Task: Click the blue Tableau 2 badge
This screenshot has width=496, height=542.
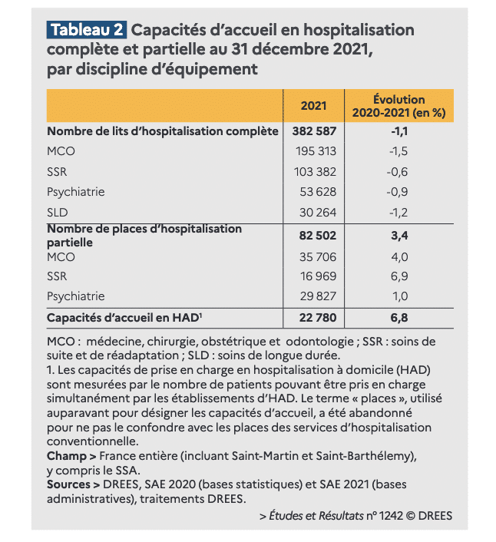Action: click(x=87, y=30)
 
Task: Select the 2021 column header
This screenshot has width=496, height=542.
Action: click(x=313, y=106)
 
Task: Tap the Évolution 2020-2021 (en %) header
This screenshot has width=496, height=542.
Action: click(x=399, y=106)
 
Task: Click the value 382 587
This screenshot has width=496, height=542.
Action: click(x=314, y=131)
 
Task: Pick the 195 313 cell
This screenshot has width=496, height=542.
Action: click(x=316, y=151)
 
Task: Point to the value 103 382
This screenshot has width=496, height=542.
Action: click(x=316, y=172)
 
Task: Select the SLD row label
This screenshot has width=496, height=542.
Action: click(x=58, y=212)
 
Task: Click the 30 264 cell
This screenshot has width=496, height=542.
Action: click(x=318, y=212)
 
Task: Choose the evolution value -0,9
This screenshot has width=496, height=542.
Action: click(x=397, y=192)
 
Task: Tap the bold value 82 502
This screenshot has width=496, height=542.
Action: click(x=318, y=236)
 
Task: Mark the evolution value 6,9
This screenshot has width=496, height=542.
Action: click(x=399, y=276)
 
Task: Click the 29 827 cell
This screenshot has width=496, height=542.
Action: click(x=318, y=296)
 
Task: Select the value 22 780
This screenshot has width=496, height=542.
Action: click(x=318, y=318)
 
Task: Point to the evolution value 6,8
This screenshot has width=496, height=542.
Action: click(x=399, y=318)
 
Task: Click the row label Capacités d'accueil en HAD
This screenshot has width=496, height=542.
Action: click(x=124, y=318)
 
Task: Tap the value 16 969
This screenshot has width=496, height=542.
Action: click(x=318, y=276)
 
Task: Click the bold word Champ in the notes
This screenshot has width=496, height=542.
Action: click(x=67, y=456)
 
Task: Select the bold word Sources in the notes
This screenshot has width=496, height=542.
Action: click(x=68, y=484)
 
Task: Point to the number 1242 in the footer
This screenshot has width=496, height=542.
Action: click(x=391, y=516)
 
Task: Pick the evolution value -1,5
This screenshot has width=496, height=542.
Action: click(x=398, y=151)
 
